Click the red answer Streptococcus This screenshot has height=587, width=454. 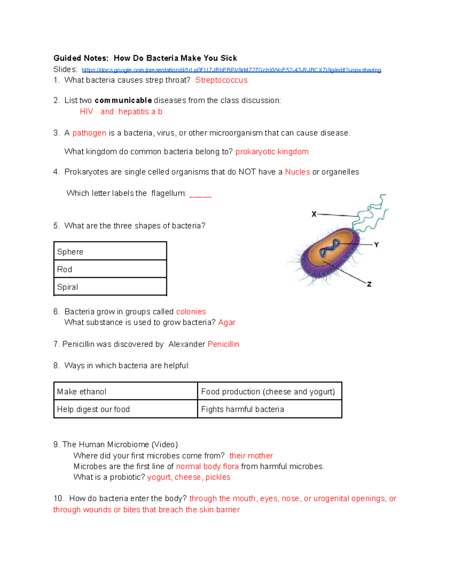tap(221, 80)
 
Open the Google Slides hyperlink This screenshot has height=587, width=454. tap(231, 70)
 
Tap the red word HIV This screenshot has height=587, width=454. tap(86, 112)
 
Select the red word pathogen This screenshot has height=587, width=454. tap(89, 133)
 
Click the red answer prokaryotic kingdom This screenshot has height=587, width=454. tap(272, 152)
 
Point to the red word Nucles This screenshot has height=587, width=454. tap(297, 172)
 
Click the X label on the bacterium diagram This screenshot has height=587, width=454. tap(314, 214)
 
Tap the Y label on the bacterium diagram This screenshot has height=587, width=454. tap(376, 245)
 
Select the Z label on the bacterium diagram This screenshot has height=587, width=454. tap(369, 284)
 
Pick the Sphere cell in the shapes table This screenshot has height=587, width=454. tap(110, 251)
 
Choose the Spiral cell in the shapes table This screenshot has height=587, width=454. tap(110, 287)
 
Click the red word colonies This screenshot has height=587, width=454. tap(191, 312)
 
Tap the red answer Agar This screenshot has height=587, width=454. tap(227, 322)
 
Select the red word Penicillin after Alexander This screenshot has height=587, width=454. tap(223, 344)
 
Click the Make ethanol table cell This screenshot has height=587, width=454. tap(126, 391)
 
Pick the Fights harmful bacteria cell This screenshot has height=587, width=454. tap(269, 409)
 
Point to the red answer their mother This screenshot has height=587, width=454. tap(251, 456)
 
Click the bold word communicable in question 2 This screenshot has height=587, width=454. tap(123, 101)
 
